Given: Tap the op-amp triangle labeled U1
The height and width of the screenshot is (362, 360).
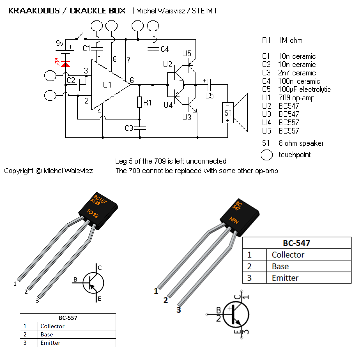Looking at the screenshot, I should (x=107, y=85).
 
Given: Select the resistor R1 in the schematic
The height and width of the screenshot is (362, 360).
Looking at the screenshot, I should (x=140, y=102).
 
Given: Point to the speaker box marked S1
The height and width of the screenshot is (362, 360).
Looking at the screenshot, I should (x=228, y=112).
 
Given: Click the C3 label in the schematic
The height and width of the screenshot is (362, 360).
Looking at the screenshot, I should (x=129, y=128).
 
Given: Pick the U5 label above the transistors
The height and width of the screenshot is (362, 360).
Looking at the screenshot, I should (x=187, y=53).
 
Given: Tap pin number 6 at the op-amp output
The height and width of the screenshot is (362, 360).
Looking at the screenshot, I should (x=132, y=80).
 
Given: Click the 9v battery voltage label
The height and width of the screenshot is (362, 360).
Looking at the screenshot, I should (x=60, y=43).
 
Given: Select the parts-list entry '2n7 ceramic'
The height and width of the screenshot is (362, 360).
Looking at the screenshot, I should (x=297, y=73).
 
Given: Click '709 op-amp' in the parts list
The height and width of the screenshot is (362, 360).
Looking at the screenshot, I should (x=296, y=98).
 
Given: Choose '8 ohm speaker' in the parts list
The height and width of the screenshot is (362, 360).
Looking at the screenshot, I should (x=301, y=143).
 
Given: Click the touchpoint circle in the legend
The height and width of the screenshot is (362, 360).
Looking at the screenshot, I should (x=267, y=155).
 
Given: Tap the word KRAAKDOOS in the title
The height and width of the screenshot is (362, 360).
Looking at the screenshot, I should (x=34, y=11).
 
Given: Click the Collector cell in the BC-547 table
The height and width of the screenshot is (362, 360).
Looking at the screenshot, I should (x=288, y=255).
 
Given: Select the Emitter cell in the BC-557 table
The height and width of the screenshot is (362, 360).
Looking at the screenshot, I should (x=50, y=343).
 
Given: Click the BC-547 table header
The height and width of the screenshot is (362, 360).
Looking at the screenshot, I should (x=296, y=243).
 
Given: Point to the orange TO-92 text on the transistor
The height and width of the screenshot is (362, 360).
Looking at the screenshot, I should (x=93, y=213).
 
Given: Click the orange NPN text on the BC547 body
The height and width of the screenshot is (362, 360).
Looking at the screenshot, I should (x=234, y=220).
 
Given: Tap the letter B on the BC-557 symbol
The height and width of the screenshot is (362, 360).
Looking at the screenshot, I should (x=75, y=280).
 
